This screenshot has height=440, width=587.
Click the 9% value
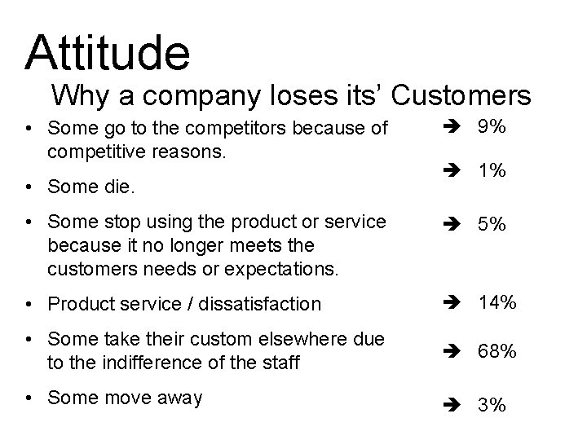[492, 127]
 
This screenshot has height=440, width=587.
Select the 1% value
[492, 171]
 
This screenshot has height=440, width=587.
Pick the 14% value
[497, 302]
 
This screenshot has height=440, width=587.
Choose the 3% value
[492, 406]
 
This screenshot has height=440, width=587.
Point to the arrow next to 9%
[454, 128]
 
